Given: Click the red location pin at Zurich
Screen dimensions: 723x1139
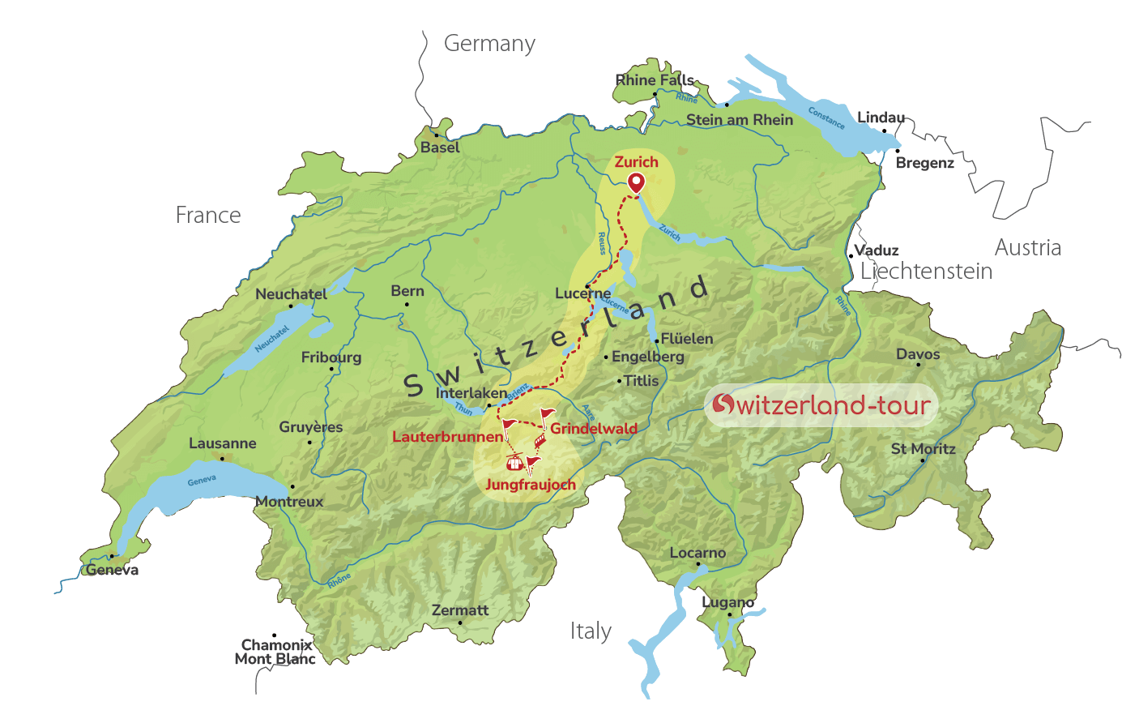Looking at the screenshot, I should (x=637, y=182).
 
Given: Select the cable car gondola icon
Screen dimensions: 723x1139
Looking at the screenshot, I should (x=513, y=463).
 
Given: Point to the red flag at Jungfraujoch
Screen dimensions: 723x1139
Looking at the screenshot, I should (x=531, y=464).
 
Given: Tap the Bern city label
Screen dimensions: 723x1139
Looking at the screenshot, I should (x=407, y=291).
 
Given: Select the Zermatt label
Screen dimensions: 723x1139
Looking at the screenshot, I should (x=460, y=610).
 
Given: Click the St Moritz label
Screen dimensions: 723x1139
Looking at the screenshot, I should (x=923, y=448).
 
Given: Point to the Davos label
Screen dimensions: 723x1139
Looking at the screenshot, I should (x=918, y=353).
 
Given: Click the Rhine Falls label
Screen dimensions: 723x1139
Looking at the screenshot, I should (x=655, y=79).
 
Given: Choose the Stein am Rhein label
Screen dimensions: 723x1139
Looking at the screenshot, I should (x=740, y=119).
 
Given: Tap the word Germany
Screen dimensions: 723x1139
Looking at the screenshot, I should (x=489, y=44).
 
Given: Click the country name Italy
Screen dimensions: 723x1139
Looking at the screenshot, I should (x=591, y=631).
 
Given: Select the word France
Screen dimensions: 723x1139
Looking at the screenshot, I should (x=208, y=215).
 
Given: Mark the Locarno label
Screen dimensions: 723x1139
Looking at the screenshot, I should (x=697, y=553).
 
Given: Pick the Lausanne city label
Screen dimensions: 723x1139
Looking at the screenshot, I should (x=222, y=443).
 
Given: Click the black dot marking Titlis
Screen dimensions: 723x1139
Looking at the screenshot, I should (x=620, y=380).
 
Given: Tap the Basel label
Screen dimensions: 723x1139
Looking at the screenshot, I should (x=440, y=148).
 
